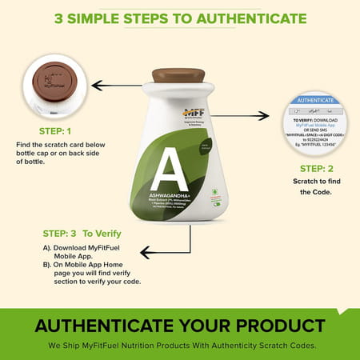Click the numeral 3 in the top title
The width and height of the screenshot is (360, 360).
pyautogui.click(x=59, y=18)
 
